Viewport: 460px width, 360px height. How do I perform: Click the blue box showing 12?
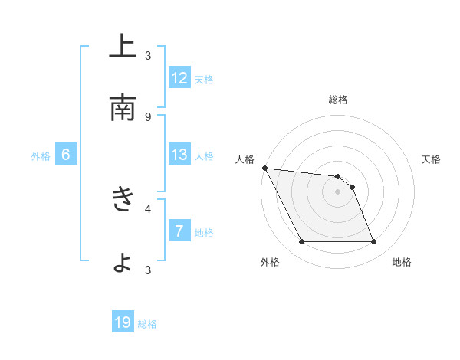tap(179, 78)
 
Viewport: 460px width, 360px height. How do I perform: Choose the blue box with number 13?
tap(179, 155)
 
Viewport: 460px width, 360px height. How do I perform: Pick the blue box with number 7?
tap(179, 231)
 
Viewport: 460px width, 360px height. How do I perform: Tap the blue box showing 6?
tap(66, 155)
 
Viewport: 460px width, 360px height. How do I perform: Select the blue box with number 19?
tap(123, 322)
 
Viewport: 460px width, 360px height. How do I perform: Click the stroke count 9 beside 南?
tap(148, 116)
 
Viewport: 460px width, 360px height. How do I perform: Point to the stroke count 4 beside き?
tap(148, 208)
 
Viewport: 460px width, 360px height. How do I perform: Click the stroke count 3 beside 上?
tap(148, 55)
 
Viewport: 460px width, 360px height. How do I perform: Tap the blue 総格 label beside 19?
tap(148, 324)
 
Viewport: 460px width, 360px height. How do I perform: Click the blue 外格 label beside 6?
tap(41, 156)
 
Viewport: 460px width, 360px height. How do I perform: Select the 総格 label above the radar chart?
tap(338, 100)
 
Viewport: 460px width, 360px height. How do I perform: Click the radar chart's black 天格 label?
tap(431, 159)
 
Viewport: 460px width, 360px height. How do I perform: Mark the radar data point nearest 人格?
tap(264, 168)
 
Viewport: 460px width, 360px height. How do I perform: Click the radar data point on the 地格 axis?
tap(373, 242)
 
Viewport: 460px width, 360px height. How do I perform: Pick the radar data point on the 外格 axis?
tap(301, 242)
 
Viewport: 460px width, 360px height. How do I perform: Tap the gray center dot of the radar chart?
tap(338, 191)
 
